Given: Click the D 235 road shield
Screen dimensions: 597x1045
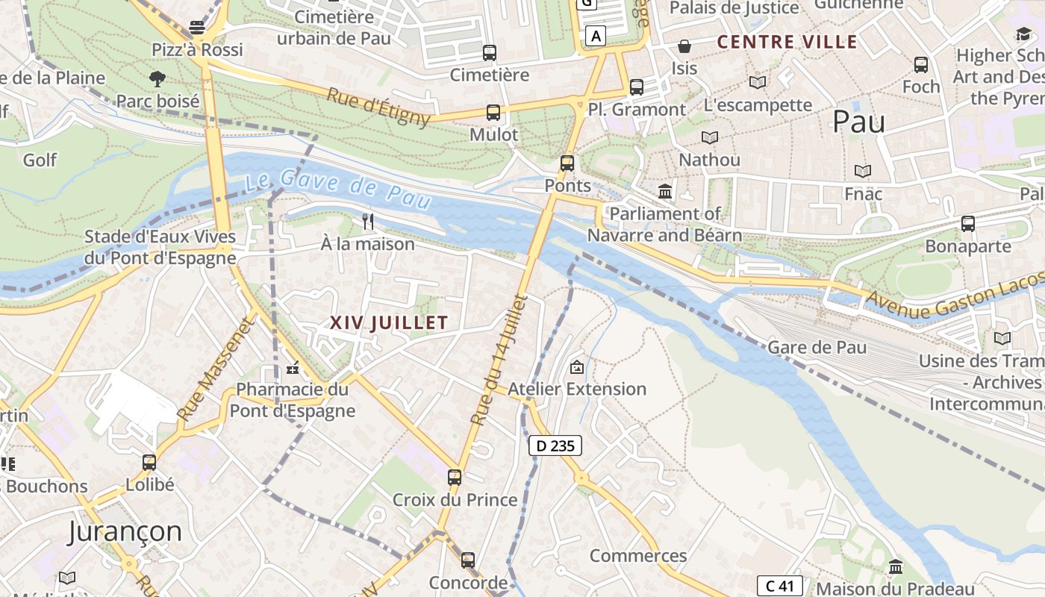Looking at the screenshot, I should point(555,446).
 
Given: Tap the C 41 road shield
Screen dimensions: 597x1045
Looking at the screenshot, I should point(780,586).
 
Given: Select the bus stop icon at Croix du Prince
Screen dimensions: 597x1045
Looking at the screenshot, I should point(455,477).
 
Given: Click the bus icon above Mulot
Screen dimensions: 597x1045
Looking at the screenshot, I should point(493,113).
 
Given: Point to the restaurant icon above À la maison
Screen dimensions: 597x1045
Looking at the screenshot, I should point(367,221).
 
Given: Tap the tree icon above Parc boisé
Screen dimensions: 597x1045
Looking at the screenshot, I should point(157,78).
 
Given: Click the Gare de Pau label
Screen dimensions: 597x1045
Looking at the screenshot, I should point(817,347).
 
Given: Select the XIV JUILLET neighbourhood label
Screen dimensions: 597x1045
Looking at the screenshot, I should point(389,323).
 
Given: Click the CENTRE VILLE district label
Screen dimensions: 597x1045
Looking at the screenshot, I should point(787,42).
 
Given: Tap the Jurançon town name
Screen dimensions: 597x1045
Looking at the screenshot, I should point(125,531).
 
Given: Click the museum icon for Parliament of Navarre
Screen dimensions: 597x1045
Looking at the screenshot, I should point(665,192).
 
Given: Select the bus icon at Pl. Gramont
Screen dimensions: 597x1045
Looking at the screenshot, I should point(636,87).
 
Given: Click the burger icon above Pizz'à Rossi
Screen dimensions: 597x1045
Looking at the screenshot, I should point(197,28).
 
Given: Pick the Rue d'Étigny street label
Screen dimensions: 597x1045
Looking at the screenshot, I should point(378,107).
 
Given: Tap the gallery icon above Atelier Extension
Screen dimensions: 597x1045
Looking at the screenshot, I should point(576,366).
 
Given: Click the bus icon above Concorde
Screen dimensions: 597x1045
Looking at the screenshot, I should point(467,560).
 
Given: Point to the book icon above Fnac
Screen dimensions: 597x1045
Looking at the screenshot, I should point(863,171).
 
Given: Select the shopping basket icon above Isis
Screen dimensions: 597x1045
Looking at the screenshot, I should point(684,46).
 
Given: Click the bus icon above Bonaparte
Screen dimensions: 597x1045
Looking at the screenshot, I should point(967,223).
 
